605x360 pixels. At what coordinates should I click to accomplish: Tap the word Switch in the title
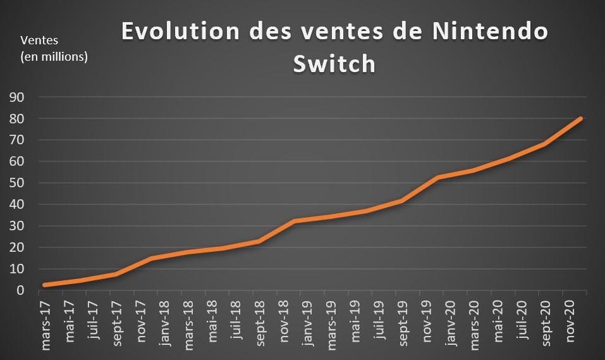point(334,64)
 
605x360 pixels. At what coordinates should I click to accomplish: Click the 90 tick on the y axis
point(16,97)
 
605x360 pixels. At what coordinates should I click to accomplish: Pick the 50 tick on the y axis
point(16,183)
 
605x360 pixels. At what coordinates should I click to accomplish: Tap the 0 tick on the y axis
point(20,290)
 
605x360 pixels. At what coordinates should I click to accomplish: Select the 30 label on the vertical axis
point(16,227)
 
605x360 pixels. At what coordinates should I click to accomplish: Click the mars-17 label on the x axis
point(46,323)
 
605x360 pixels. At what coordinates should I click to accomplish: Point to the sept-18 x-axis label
point(259,323)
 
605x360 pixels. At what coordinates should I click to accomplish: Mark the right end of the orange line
point(580,118)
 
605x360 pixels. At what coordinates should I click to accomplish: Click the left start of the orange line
point(44,285)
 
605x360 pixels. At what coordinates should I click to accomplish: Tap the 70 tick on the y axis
point(16,140)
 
